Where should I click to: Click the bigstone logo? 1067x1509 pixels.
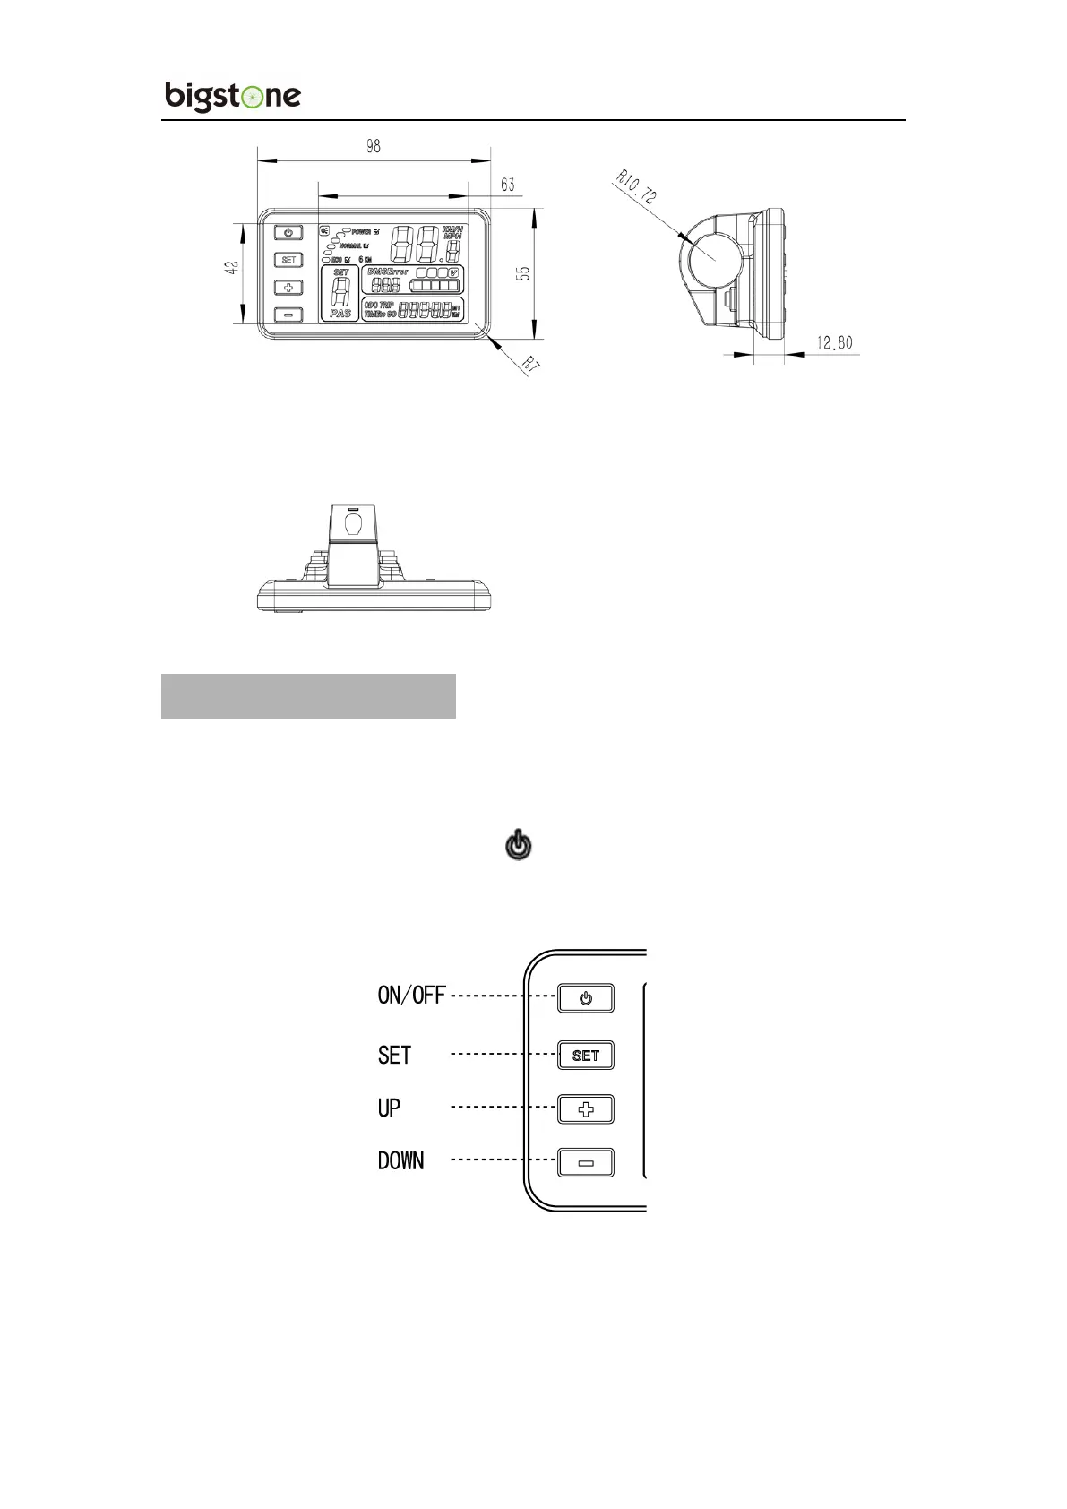pos(233,96)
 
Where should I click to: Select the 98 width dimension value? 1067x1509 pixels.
pos(373,146)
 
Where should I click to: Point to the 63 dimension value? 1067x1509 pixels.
pos(508,185)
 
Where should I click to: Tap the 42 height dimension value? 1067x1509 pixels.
pos(232,267)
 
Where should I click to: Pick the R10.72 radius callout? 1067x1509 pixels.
pos(636,186)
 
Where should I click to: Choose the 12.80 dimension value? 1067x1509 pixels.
pos(834,342)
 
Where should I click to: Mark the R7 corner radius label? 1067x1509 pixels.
pos(531,365)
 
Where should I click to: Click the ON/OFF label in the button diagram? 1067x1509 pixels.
pos(411,996)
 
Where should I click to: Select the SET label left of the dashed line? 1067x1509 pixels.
pos(394,1055)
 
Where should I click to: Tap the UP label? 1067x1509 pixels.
pos(389,1108)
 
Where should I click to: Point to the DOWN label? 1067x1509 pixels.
pos(400,1160)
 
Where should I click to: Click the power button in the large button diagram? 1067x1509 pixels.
pos(586,998)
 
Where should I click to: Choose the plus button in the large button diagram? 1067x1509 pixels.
pos(586,1109)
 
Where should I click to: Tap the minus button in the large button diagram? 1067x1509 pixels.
pos(586,1163)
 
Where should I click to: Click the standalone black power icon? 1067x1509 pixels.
pos(519,846)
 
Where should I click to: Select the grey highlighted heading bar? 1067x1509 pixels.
pos(308,696)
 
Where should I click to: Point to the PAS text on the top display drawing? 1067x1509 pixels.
pos(340,314)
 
